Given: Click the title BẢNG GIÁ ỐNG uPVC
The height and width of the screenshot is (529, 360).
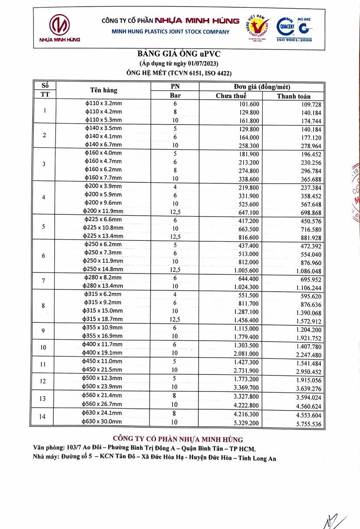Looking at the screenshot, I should (x=179, y=54).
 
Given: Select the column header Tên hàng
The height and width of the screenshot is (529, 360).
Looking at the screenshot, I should (x=104, y=90).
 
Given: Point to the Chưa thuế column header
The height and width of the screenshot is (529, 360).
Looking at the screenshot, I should (x=231, y=96).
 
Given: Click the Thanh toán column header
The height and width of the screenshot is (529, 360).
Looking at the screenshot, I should (x=294, y=96).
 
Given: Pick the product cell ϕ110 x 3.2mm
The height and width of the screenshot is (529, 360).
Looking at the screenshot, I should (x=104, y=104).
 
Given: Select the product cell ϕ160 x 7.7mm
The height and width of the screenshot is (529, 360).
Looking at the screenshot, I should (x=104, y=177).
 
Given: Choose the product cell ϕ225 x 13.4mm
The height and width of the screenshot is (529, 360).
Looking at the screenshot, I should (x=104, y=236).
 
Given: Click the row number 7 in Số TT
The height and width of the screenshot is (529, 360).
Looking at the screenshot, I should (x=44, y=281).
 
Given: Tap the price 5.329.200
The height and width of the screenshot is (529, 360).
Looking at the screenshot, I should (x=246, y=422).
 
